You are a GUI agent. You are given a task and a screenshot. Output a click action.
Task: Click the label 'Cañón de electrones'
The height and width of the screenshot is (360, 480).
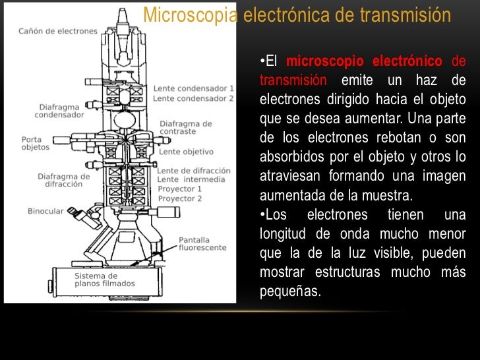coord(58,30)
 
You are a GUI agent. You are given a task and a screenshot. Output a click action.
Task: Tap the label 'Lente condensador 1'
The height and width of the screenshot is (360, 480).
coord(194,88)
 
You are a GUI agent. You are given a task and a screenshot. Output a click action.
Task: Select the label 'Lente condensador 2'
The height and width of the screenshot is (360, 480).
coord(194,98)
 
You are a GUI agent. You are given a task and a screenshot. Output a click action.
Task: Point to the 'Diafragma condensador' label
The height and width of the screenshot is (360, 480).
coord(60,109)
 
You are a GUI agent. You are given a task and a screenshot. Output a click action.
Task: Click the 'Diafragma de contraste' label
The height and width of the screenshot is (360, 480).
coord(186,127)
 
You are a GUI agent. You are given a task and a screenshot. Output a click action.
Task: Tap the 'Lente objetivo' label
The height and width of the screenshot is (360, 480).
coord(186,151)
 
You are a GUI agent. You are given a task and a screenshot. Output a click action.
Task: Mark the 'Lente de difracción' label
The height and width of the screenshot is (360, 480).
coord(195,170)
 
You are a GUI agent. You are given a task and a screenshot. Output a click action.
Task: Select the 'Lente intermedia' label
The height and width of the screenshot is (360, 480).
coord(191,179)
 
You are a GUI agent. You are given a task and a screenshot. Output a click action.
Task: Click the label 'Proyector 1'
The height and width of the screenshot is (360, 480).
coord(181,189)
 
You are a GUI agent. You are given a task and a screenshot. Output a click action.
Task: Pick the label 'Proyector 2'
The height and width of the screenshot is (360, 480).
coord(181,198)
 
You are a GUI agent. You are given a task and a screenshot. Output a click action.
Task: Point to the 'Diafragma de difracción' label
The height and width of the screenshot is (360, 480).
coord(64,180)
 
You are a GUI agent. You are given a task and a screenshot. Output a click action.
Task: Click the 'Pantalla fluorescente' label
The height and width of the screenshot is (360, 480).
coord(202,243)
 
